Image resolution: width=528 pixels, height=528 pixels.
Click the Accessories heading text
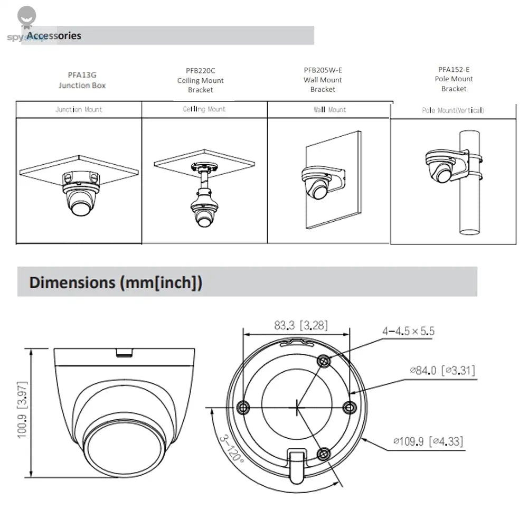tap(54, 36)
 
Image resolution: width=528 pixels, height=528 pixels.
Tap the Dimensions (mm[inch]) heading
tap(116, 282)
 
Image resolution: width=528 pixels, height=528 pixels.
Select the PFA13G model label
tap(82, 75)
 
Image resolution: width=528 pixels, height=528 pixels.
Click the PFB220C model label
tap(201, 70)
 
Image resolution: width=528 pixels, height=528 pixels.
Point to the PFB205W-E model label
tap(323, 70)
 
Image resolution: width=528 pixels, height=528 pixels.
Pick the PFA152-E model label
tap(454, 69)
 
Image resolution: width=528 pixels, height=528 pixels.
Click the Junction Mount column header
tap(79, 110)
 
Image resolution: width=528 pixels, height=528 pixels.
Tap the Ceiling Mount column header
tap(204, 109)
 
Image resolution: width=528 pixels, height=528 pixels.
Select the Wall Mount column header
tap(330, 110)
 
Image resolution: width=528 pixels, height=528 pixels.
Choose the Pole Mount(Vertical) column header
tap(453, 110)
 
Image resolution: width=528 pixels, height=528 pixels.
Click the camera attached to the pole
tap(441, 170)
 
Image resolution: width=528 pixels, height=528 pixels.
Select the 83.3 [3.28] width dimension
tap(300, 326)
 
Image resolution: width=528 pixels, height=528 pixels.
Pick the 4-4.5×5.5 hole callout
tap(408, 331)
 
